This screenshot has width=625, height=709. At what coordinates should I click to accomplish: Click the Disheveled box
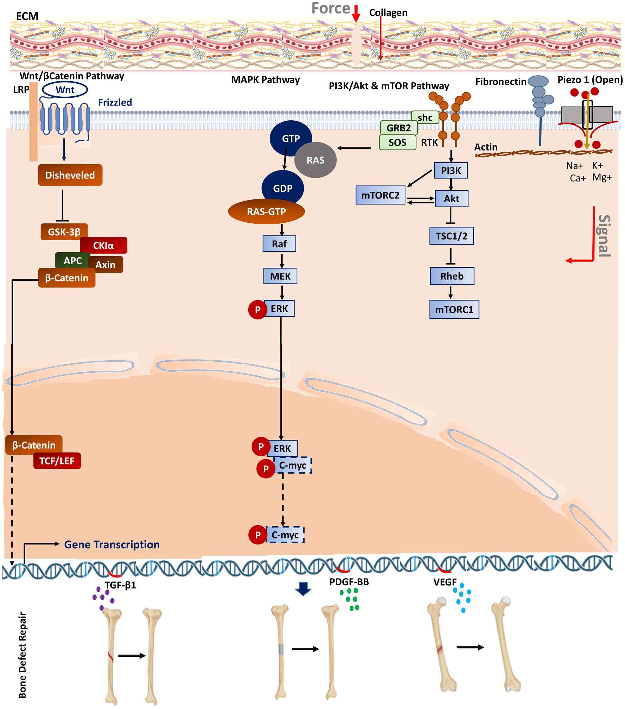(x=70, y=175)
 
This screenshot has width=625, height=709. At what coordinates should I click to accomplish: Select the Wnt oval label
(x=65, y=90)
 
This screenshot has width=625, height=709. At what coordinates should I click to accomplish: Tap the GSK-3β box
(x=64, y=232)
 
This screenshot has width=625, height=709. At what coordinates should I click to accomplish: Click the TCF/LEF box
(x=57, y=461)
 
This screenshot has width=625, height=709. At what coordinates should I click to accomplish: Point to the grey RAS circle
(x=315, y=160)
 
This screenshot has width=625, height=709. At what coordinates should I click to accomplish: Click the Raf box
(x=279, y=244)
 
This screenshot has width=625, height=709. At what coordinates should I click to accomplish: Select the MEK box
(x=280, y=276)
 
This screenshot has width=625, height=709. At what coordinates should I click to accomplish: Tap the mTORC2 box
(x=380, y=195)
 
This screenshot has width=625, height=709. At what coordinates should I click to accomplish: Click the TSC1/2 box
(x=451, y=236)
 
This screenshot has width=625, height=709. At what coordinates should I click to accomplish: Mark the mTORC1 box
(x=454, y=309)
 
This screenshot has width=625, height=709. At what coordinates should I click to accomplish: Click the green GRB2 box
(x=399, y=128)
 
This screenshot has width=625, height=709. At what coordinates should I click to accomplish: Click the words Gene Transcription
(x=112, y=544)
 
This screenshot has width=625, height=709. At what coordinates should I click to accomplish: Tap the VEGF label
(x=445, y=582)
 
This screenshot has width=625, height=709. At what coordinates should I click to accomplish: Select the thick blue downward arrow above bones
(x=303, y=589)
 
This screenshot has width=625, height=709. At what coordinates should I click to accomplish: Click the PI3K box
(x=451, y=171)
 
